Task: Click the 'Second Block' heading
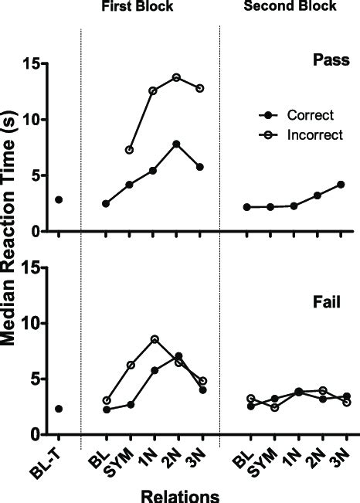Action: (290, 7)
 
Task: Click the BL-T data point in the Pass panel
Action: (59, 199)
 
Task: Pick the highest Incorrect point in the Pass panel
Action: (177, 77)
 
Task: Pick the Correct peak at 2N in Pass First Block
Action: (177, 144)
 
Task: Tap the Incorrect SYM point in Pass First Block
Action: (130, 150)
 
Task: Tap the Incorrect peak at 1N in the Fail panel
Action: (154, 339)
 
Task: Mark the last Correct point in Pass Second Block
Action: (341, 185)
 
